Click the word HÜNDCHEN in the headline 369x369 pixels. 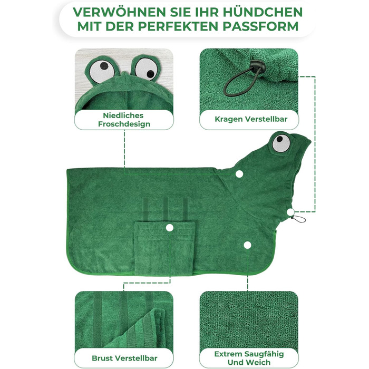263,12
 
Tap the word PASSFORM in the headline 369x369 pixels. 260,26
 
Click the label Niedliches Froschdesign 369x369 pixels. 124,120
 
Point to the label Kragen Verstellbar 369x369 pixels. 251,119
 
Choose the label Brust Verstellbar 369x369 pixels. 124,358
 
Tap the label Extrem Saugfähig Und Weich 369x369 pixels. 249,358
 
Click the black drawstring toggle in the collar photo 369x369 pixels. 257,66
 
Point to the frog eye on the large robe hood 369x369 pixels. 281,143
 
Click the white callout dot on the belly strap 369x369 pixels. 170,228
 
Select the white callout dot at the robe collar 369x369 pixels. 290,212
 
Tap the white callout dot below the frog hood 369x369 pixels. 239,174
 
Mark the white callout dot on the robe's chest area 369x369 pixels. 247,245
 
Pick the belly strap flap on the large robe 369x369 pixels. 164,248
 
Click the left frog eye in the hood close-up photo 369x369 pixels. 102,70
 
